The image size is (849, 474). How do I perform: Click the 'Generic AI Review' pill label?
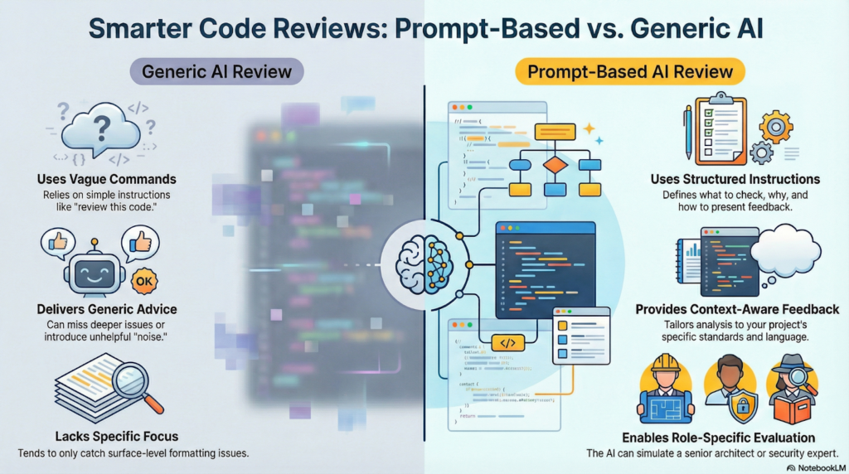click(x=217, y=71)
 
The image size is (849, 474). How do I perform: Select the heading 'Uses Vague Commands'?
click(x=106, y=179)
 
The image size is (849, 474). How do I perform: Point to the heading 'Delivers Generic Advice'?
click(x=106, y=309)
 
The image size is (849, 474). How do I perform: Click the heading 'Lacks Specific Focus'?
click(x=106, y=436)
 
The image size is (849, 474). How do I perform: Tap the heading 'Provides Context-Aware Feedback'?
click(x=737, y=309)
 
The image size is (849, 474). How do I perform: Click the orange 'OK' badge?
click(x=143, y=280)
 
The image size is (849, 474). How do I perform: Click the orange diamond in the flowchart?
click(x=553, y=165)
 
